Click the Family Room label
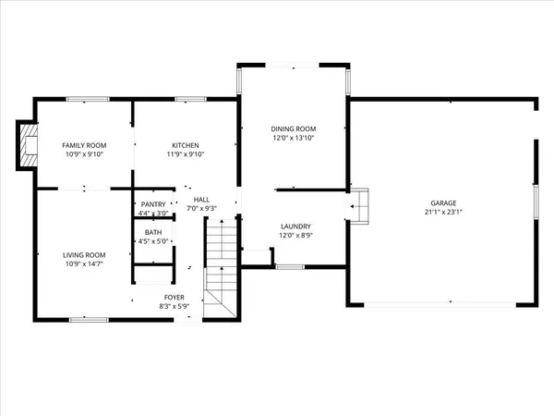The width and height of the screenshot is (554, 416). [x=84, y=145]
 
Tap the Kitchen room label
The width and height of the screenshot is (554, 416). [x=186, y=145]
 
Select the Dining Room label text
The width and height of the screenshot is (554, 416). [x=294, y=128]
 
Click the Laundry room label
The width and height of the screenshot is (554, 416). [x=296, y=226]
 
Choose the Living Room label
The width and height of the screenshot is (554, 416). [x=84, y=255]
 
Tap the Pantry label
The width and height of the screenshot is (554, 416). [x=152, y=204]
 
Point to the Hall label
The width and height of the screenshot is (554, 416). [x=201, y=200]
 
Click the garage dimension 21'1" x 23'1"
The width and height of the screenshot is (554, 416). [x=443, y=211]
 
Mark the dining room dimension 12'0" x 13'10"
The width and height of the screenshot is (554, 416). [x=294, y=138]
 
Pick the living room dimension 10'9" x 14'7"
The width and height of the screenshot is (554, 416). [x=84, y=264]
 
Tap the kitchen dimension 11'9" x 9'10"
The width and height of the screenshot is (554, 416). [x=186, y=154]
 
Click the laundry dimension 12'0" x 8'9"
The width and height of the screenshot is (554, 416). [x=296, y=235]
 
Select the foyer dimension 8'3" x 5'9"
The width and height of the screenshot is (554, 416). [x=175, y=305]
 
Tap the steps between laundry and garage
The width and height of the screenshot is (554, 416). [x=358, y=204]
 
